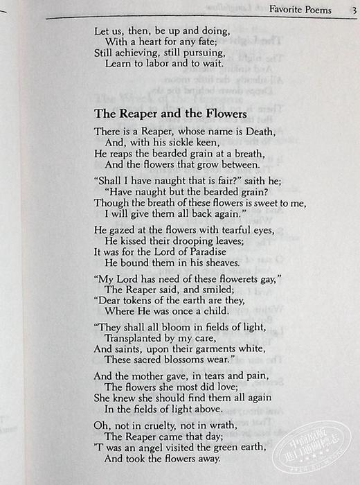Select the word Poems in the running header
tap(318, 10)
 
